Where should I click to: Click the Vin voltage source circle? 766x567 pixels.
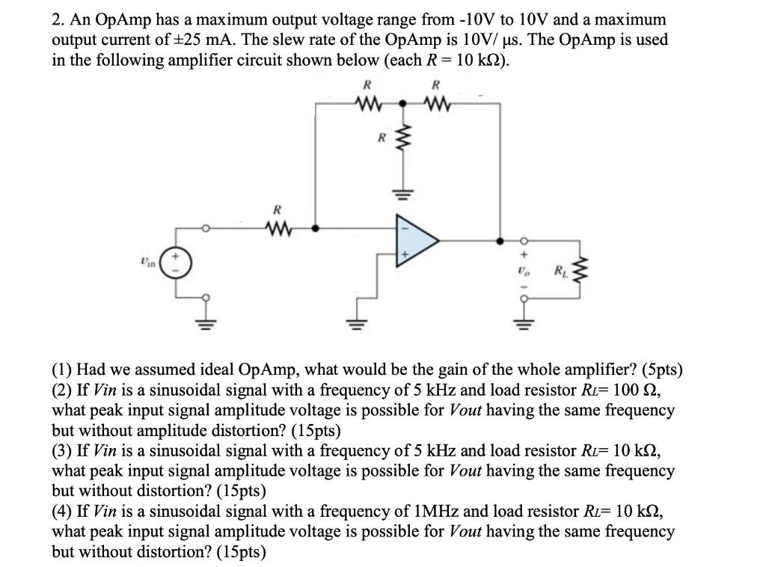point(177,264)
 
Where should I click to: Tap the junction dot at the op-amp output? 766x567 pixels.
point(500,241)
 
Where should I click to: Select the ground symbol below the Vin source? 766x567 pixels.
point(208,324)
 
